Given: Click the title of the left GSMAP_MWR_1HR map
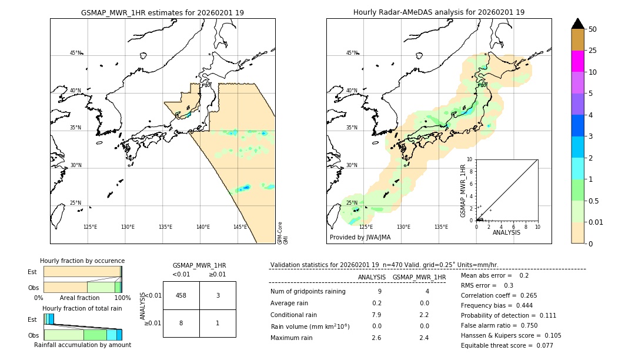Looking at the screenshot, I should point(162,12).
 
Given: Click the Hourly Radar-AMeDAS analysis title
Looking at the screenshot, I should point(439,12).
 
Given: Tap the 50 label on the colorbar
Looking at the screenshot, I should point(593,29).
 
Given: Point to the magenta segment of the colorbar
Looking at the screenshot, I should point(577,61).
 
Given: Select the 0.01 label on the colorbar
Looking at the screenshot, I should point(596,222).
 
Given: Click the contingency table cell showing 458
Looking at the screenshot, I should point(181,295).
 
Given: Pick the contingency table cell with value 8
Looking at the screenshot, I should point(181,323).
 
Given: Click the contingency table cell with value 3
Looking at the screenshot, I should point(218,295).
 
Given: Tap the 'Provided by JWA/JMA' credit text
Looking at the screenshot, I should point(360,238).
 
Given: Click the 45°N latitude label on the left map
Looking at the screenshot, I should point(76,53).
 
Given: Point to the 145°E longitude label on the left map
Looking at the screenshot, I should point(240,227).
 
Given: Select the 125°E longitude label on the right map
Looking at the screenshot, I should point(366,227).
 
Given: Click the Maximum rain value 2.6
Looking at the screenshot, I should point(376,338).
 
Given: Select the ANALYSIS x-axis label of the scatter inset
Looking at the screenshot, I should point(506,233).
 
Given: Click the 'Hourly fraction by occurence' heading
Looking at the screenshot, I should point(82,261).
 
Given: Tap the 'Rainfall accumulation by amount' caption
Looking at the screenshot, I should point(82,345).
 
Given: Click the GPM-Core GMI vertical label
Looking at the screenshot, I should point(283,233).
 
